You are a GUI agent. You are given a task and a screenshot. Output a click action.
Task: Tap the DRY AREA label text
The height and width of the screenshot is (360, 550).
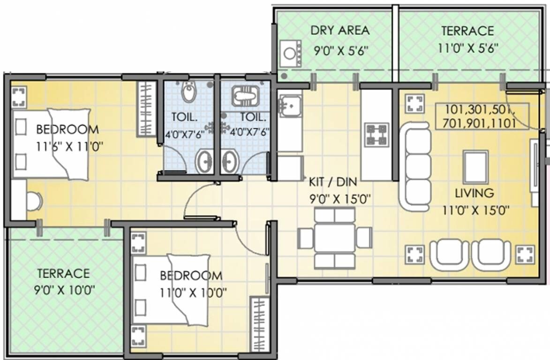(340, 30)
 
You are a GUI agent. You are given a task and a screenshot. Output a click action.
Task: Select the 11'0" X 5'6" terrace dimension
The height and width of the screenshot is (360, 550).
(468, 48)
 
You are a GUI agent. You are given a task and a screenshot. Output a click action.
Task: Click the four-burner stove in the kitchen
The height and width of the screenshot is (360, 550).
(377, 135)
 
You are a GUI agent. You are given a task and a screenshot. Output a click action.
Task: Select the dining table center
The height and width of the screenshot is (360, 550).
(335, 238)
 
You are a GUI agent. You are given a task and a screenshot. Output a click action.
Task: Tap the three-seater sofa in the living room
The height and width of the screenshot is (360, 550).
(415, 166)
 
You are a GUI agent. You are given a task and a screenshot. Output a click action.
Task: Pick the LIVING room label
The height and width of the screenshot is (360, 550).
(474, 193)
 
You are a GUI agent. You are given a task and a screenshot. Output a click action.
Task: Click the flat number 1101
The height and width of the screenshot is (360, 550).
(502, 124)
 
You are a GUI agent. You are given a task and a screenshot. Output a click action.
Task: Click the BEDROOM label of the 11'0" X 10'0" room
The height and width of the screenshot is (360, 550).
(190, 275)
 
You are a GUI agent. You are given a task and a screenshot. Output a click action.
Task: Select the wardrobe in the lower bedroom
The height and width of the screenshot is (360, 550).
(258, 323)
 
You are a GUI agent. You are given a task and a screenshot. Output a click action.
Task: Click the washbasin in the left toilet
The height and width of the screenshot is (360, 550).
(204, 162)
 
